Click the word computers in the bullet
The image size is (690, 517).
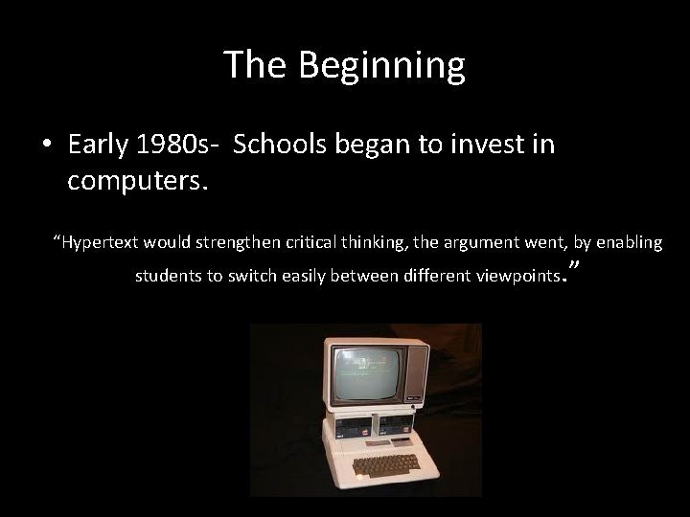tap(135, 180)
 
